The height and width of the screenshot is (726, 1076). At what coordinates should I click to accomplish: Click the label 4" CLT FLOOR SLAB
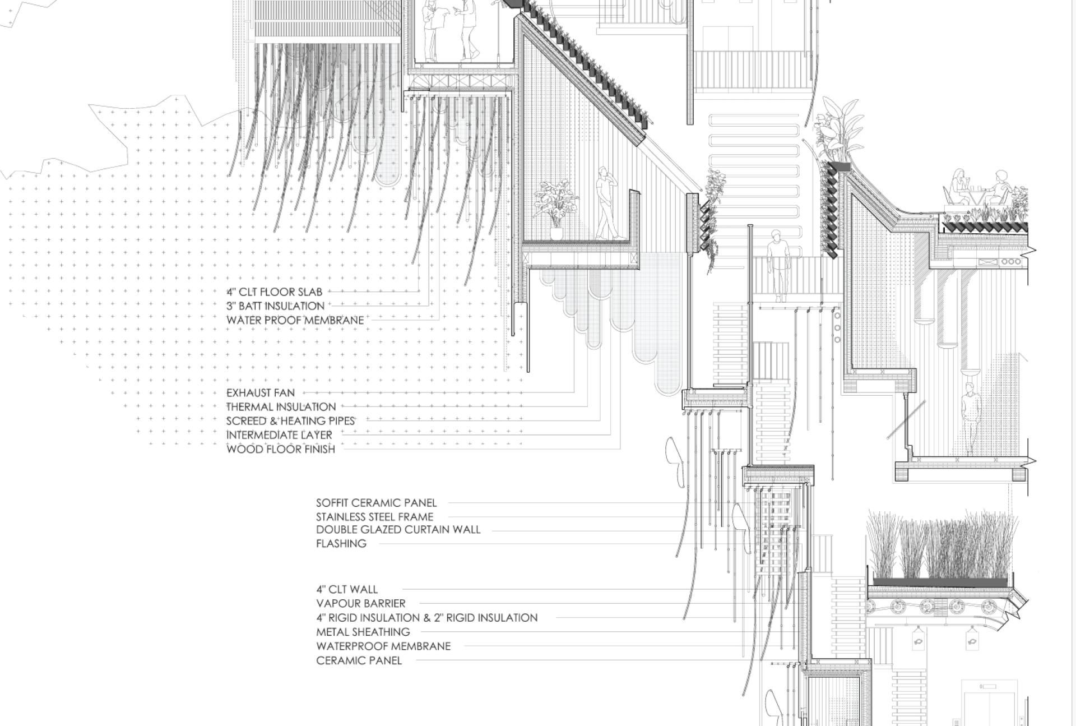pyautogui.click(x=275, y=292)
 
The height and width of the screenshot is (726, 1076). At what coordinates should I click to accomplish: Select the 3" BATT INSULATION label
pyautogui.click(x=276, y=306)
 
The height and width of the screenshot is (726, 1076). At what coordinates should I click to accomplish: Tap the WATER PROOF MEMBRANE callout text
pyautogui.click(x=295, y=320)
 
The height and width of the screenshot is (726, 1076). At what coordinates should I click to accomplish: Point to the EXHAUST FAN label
pyautogui.click(x=261, y=393)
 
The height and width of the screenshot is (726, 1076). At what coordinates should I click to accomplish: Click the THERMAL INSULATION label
pyautogui.click(x=281, y=407)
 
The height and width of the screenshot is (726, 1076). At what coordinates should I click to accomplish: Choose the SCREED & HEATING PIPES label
pyautogui.click(x=291, y=421)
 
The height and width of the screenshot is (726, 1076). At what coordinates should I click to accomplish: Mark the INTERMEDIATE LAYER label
pyautogui.click(x=279, y=435)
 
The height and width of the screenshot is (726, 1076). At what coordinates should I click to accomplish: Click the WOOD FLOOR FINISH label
pyautogui.click(x=281, y=449)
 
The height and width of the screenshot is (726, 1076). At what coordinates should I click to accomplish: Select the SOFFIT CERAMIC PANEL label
pyautogui.click(x=377, y=503)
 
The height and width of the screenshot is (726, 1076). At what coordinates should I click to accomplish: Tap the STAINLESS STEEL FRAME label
pyautogui.click(x=375, y=517)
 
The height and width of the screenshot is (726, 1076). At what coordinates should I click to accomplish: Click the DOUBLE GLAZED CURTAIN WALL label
pyautogui.click(x=398, y=530)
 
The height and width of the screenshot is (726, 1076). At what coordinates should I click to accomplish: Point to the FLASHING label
pyautogui.click(x=341, y=544)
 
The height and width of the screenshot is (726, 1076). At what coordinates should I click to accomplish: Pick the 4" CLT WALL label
pyautogui.click(x=347, y=590)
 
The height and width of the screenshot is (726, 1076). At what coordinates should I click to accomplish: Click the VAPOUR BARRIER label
pyautogui.click(x=361, y=604)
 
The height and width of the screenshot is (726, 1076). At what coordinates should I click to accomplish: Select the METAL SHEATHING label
pyautogui.click(x=363, y=632)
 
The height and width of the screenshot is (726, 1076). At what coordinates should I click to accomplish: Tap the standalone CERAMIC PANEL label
pyautogui.click(x=359, y=661)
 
